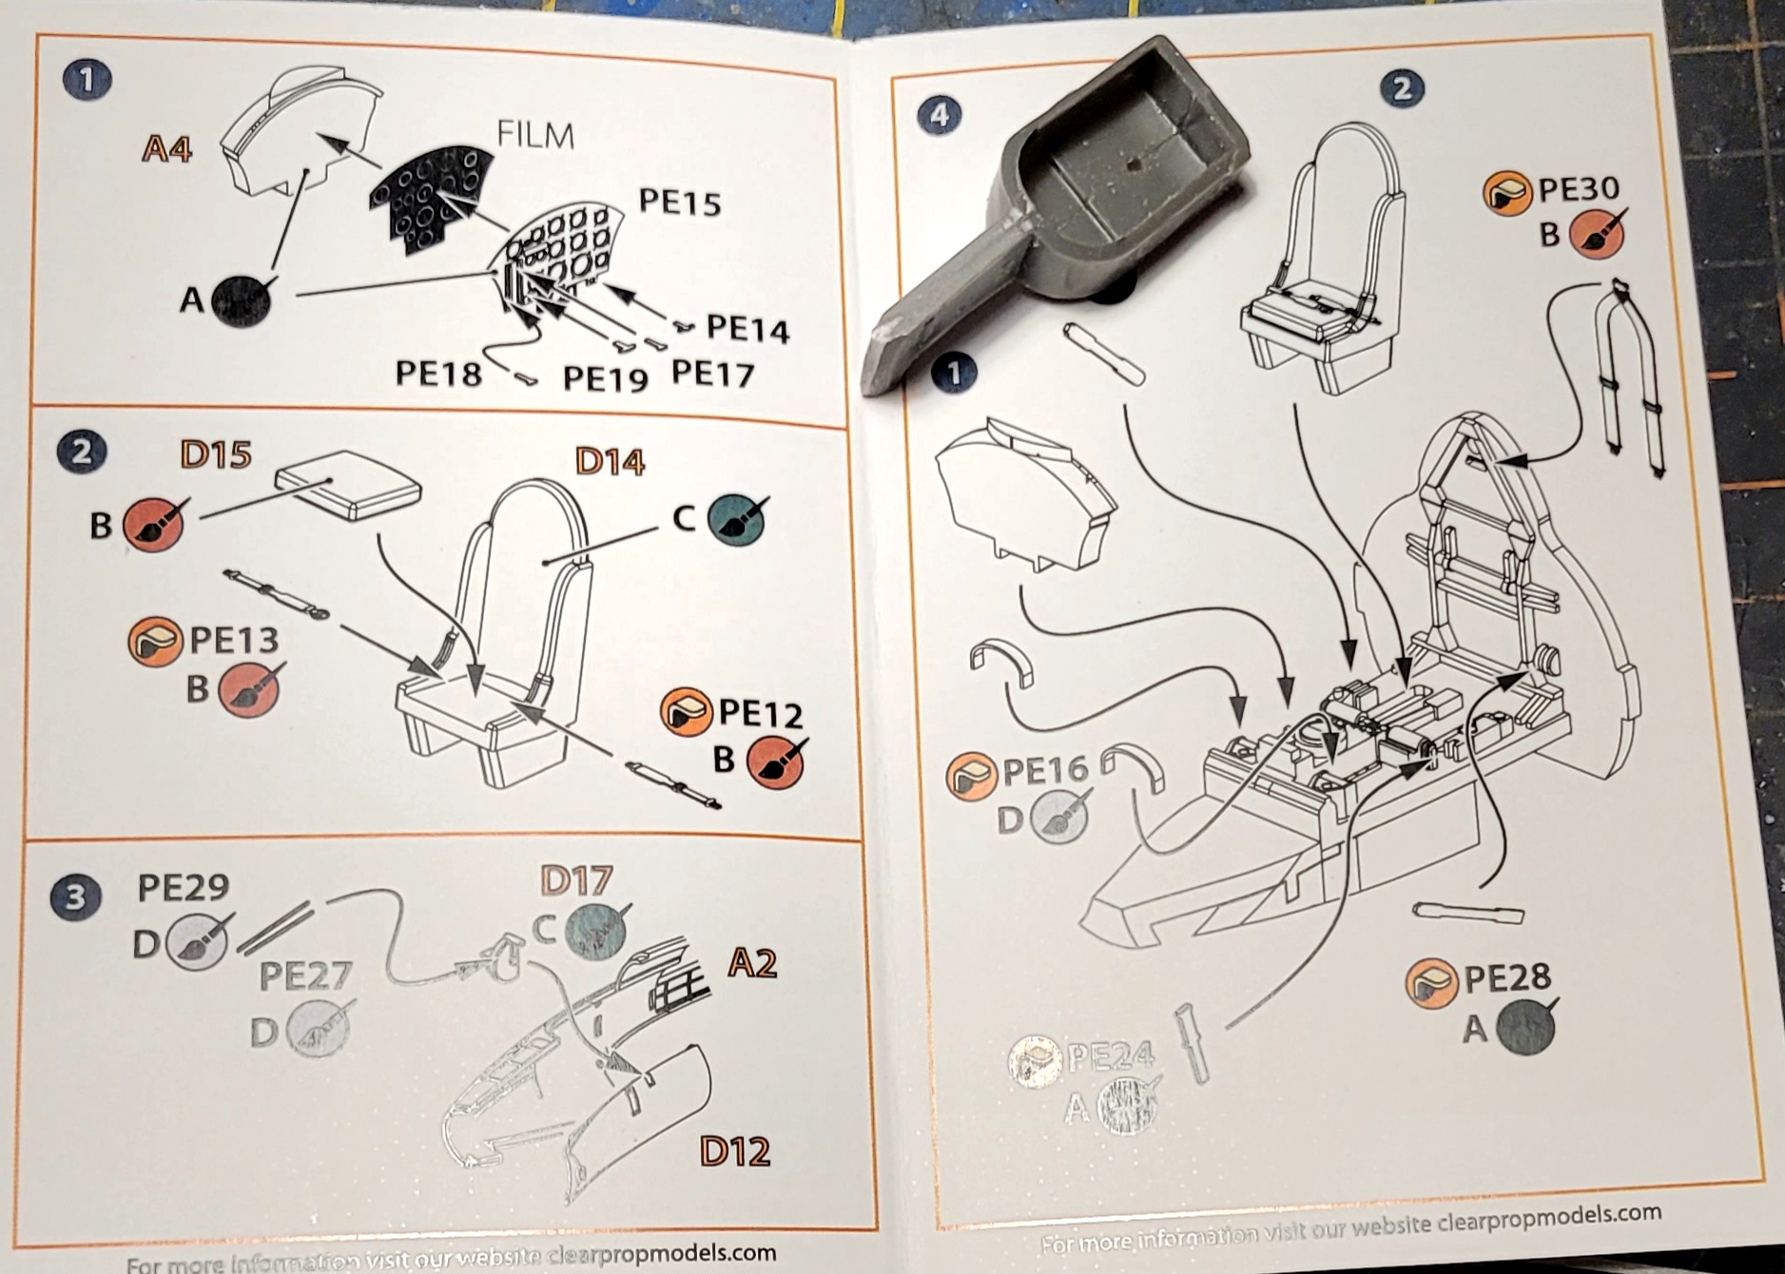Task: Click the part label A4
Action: (x=166, y=149)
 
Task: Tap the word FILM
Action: (x=535, y=135)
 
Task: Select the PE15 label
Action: (x=679, y=202)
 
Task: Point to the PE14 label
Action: (x=747, y=329)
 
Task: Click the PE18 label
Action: (x=437, y=374)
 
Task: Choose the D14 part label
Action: (x=610, y=462)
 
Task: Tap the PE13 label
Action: (x=234, y=640)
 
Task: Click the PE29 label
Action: (x=183, y=887)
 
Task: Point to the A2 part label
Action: (x=752, y=964)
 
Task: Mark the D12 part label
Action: (x=734, y=1151)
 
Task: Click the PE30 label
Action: (x=1578, y=189)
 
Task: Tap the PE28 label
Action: (x=1506, y=977)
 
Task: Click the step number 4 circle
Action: (x=940, y=115)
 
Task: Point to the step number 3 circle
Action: (x=75, y=897)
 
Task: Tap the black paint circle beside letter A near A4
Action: (x=241, y=300)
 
